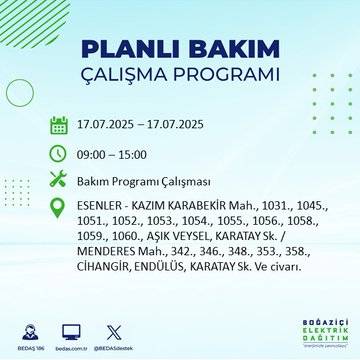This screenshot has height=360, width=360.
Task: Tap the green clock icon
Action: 59,155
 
